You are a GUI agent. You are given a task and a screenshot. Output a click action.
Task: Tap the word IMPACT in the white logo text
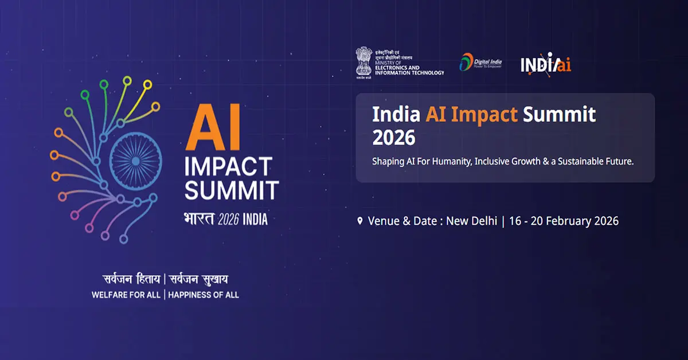pyautogui.click(x=228, y=167)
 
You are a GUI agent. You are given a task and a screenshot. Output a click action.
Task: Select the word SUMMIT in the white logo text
pyautogui.click(x=231, y=190)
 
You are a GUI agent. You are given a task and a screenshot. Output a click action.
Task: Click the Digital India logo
pyautogui.click(x=480, y=62)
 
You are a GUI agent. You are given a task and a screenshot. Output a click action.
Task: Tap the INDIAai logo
pyautogui.click(x=545, y=64)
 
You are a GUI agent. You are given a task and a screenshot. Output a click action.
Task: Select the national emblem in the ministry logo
pyautogui.click(x=363, y=62)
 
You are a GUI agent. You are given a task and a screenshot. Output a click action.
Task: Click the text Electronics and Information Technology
pyautogui.click(x=409, y=69)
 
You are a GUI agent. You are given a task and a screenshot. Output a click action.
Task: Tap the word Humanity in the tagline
pyautogui.click(x=445, y=162)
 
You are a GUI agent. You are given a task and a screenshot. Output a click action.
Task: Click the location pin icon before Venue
pyautogui.click(x=360, y=221)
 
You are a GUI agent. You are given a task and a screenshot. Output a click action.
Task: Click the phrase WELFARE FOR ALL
pyautogui.click(x=126, y=295)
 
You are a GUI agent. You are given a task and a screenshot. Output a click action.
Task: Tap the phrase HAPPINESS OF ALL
pyautogui.click(x=204, y=295)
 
